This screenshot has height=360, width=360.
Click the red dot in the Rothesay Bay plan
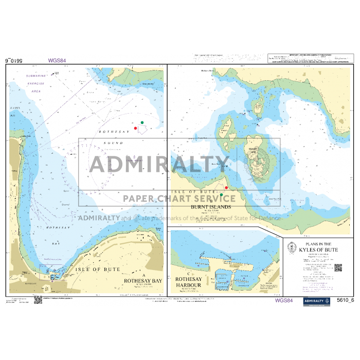[135, 128]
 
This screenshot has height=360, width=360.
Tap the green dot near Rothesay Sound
[142, 122]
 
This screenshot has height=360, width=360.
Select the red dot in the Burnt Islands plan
[226, 188]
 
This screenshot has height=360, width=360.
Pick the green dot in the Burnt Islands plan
[222, 195]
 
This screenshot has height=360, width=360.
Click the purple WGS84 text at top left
[57, 60]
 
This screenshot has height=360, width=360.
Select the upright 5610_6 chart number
[345, 300]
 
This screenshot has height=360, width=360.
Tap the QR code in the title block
[338, 267]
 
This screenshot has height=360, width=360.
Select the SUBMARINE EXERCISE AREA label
[36, 83]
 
